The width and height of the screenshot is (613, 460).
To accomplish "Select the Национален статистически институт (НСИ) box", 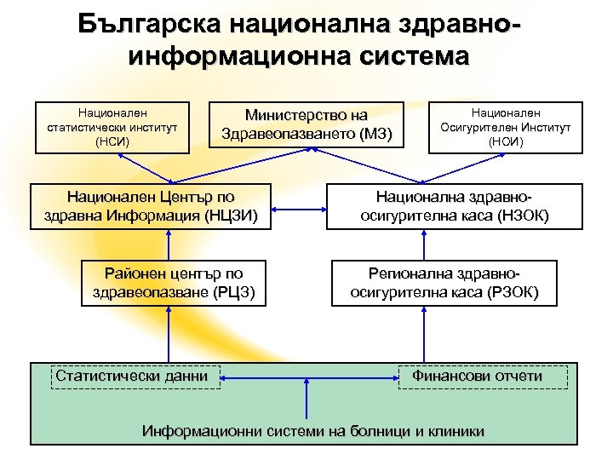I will tap(112, 128).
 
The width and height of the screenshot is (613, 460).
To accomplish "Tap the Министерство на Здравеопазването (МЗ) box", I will tap(306, 124).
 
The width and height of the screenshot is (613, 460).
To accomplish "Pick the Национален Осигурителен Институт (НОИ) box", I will tap(506, 128).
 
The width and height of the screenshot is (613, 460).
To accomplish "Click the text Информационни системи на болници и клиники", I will tap(314, 431).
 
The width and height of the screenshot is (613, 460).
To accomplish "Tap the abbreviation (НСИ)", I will tap(112, 142).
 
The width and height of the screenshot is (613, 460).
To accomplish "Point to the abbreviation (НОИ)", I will tap(506, 142).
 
